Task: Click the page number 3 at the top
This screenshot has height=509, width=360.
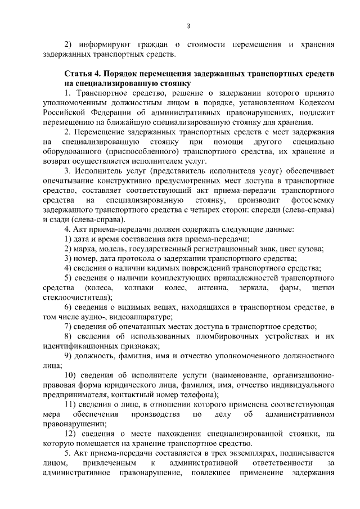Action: pyautogui.click(x=188, y=25)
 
